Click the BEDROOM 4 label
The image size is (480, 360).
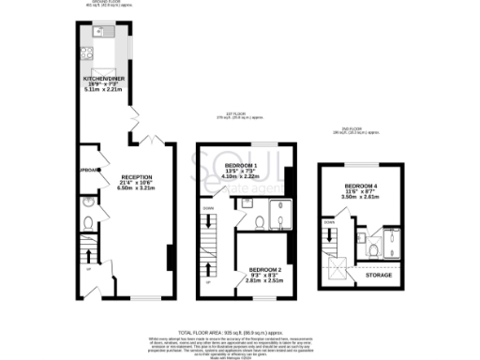click(x=361, y=186)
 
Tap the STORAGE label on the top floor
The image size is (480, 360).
click(x=379, y=275)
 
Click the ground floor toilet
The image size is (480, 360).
click(x=86, y=223)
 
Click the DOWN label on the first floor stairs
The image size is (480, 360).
click(x=209, y=208)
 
